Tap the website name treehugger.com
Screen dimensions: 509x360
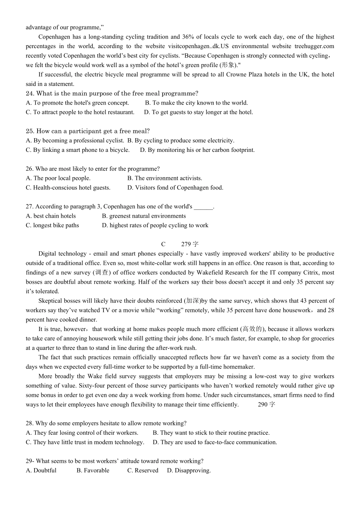pos(314,46)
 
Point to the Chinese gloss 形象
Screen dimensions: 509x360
pos(229,65)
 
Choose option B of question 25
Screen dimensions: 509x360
pos(181,141)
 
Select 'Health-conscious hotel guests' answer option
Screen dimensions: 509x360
pos(68,187)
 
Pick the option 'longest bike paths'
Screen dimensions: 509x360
pos(52,225)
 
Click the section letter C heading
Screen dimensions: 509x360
pos(163,244)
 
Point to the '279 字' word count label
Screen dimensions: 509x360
pos(190,244)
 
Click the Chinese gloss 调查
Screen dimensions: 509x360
pos(102,272)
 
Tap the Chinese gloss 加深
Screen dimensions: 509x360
pos(192,301)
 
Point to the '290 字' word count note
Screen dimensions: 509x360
pos(266,404)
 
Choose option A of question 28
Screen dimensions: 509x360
pos(82,432)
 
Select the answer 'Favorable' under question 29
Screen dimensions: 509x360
pos(93,470)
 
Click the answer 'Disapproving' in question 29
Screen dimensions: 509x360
pos(189,470)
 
